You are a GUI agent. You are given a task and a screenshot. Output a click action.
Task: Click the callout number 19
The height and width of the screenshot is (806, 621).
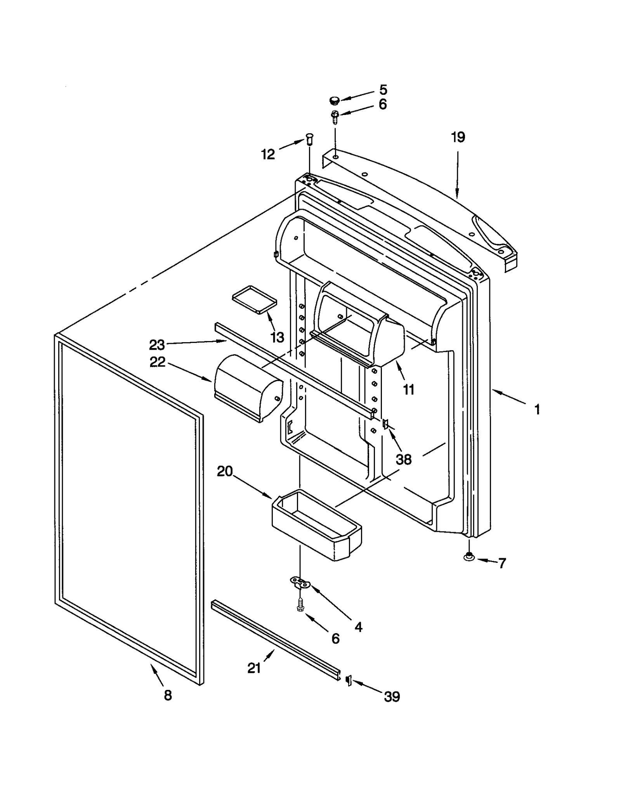tap(458, 137)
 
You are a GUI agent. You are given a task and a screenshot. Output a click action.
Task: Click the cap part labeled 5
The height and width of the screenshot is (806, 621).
tap(334, 101)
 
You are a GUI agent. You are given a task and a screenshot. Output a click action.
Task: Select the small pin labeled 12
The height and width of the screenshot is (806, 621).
tap(309, 138)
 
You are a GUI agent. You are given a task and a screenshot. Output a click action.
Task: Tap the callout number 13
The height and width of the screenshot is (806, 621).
tap(277, 337)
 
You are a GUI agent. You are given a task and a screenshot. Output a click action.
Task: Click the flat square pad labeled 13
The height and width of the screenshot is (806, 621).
tap(254, 299)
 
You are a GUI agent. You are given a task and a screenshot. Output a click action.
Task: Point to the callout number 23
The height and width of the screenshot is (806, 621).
tap(157, 345)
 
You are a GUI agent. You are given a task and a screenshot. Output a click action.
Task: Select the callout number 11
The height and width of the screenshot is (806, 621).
tap(409, 389)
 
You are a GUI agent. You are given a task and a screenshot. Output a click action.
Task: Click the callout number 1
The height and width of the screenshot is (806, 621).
tap(537, 409)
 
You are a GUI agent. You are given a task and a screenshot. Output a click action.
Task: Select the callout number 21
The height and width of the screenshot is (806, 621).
tap(254, 668)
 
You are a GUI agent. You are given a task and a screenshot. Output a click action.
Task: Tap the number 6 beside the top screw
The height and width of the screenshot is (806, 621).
tap(383, 104)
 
